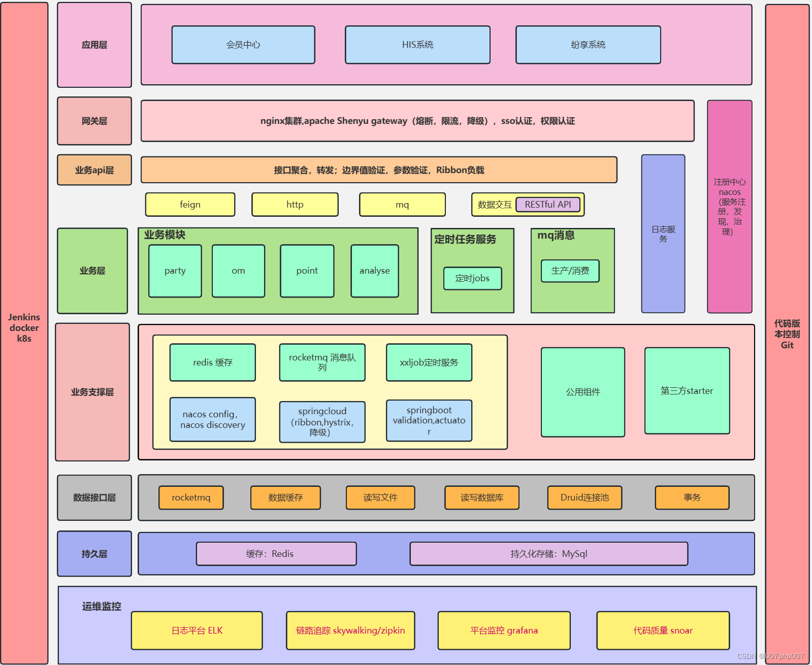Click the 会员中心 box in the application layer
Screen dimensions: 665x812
[x=243, y=45]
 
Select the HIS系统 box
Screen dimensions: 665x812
[x=417, y=45]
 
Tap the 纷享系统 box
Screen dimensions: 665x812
[x=588, y=45]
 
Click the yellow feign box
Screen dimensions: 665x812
[x=190, y=205]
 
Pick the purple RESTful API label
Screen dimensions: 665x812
[x=548, y=205]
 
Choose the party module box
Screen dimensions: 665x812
[x=175, y=271]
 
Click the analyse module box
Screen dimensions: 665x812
[x=375, y=271]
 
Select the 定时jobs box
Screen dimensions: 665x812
[x=472, y=278]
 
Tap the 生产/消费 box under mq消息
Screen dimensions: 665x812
[x=570, y=271]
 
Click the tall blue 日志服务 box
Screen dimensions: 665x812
[x=663, y=234]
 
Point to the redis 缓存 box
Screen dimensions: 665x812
[x=213, y=362]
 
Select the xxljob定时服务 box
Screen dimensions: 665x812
[x=429, y=362]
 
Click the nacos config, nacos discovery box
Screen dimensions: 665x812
[x=213, y=419]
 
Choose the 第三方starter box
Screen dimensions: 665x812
[x=687, y=390]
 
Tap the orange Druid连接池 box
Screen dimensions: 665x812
[x=584, y=497]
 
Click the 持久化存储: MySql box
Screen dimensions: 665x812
[x=548, y=554]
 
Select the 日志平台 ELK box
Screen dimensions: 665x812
[x=197, y=630]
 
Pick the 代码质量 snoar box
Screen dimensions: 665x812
[x=663, y=630]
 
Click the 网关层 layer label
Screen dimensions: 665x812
[x=94, y=121]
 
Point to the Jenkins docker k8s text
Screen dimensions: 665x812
[x=24, y=328]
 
